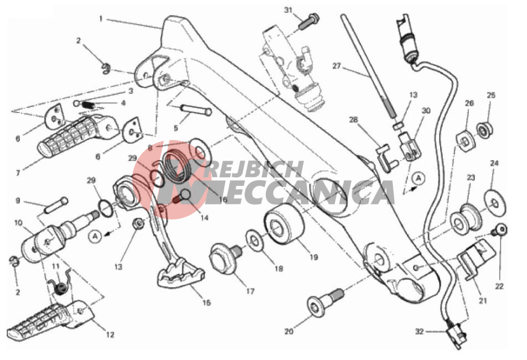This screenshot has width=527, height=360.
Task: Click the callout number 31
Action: (288, 10)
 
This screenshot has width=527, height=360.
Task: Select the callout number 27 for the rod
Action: (337, 66)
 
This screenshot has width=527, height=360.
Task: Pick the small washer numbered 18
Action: (254, 241)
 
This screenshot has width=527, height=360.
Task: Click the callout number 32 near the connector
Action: (420, 331)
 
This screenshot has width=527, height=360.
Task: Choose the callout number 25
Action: (491, 95)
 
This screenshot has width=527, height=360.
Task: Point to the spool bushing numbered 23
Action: (466, 220)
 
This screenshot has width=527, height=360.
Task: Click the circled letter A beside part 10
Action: (95, 236)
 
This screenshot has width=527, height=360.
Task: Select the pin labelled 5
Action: (195, 110)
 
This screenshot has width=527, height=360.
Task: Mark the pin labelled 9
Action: (56, 205)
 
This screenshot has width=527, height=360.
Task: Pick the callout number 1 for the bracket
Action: (101, 19)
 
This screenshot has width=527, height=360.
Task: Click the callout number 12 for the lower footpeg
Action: (110, 335)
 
